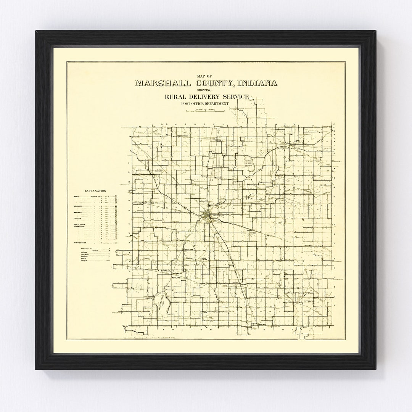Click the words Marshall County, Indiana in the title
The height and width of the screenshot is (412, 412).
coord(206,84)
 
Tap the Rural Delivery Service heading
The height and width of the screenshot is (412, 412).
coord(206,97)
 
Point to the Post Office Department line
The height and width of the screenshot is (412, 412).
coord(206,104)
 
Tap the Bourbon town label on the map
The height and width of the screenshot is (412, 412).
coord(308,245)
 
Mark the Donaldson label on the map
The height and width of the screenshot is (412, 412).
coord(137,204)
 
